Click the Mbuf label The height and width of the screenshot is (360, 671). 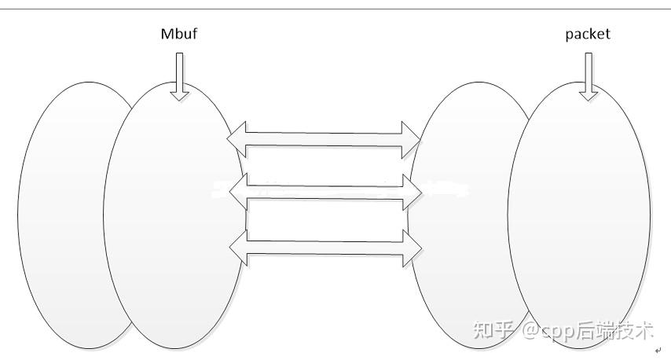pos(180,34)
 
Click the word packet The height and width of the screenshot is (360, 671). pos(588,34)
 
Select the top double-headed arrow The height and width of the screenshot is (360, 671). pos(324,139)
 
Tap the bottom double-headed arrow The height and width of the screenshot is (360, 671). pos(324,247)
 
